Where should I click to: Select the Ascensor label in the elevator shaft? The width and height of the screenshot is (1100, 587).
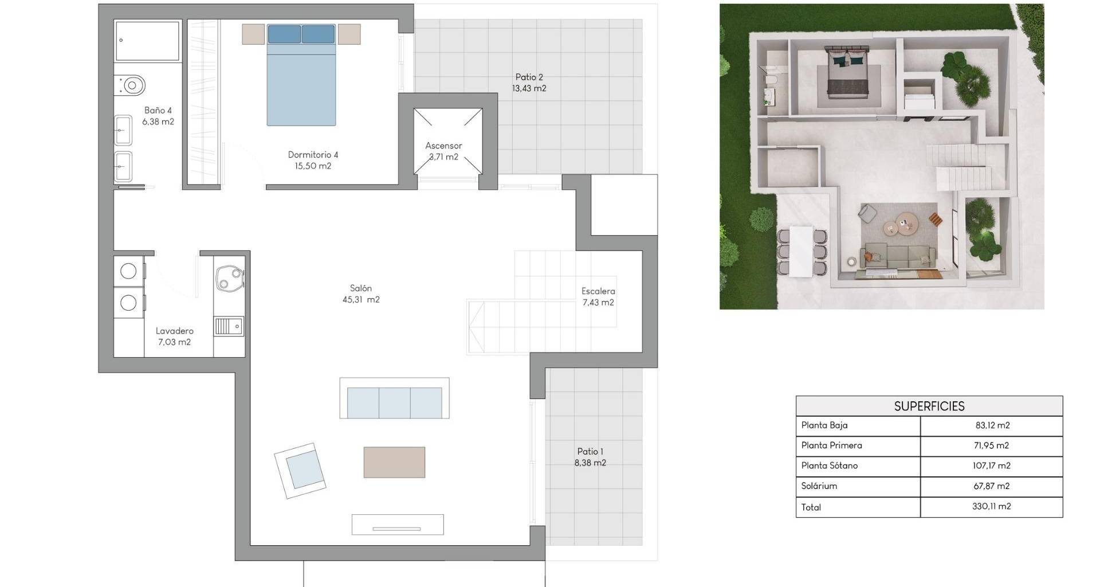(443, 146)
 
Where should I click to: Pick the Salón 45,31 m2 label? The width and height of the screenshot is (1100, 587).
(361, 293)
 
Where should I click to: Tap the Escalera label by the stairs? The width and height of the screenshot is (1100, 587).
(598, 291)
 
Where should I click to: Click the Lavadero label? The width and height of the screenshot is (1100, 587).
(175, 331)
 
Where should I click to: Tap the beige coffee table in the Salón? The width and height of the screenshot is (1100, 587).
(394, 462)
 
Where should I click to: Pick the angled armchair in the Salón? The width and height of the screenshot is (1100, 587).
(300, 471)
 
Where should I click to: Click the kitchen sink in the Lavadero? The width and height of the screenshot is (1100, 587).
(229, 326)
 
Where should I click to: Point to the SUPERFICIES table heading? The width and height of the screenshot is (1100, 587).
(929, 406)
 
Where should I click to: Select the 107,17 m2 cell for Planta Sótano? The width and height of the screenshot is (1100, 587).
(992, 465)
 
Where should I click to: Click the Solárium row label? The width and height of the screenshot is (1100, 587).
(819, 486)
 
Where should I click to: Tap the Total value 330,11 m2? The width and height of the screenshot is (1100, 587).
(992, 506)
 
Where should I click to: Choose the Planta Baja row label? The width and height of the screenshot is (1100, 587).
(824, 425)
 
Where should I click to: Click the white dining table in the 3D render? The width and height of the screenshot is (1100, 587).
(802, 252)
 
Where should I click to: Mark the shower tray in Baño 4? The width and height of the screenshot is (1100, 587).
(147, 41)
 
